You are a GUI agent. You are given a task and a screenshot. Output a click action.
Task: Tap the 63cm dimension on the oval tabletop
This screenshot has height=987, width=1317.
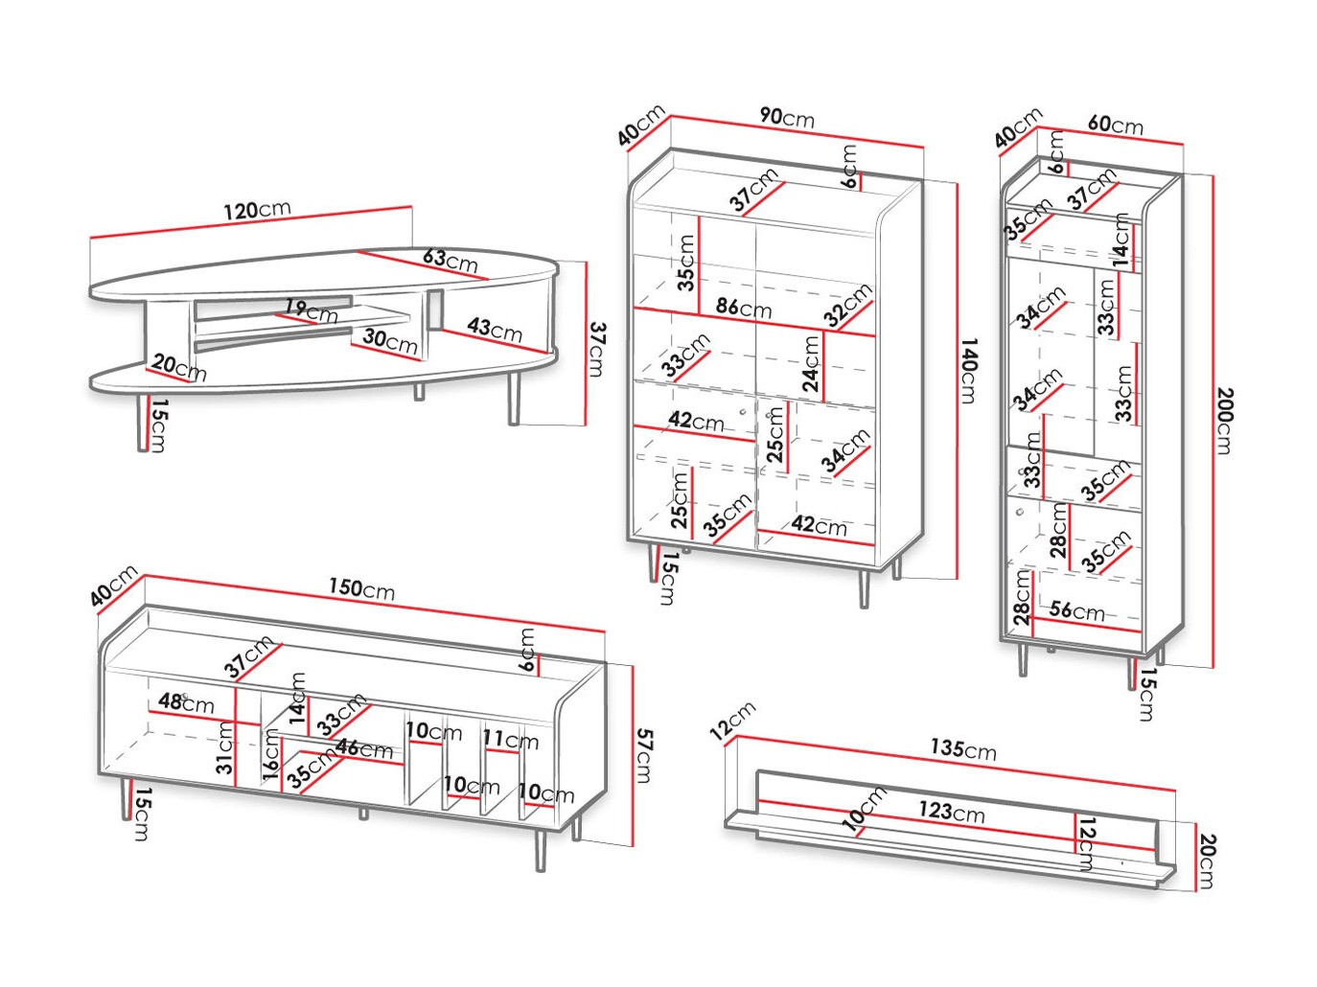[450, 260]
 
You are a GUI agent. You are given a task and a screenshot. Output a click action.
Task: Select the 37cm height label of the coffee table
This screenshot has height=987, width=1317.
[597, 349]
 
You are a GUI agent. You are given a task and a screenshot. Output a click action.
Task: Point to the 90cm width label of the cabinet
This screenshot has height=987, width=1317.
[787, 117]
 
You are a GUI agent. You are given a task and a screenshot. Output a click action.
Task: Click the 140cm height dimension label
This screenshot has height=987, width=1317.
[968, 370]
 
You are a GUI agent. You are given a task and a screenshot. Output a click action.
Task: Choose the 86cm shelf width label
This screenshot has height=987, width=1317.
[744, 309]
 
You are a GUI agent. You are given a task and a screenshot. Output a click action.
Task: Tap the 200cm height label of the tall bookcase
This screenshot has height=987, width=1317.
[1224, 420]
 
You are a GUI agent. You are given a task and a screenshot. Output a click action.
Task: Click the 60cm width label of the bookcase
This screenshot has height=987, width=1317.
[1116, 125]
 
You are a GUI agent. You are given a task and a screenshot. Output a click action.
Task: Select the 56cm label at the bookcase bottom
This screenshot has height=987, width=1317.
[1076, 609]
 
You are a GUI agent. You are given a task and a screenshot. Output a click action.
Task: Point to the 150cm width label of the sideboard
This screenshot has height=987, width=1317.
[361, 588]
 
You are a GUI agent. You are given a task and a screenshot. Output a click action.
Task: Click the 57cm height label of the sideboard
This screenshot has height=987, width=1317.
[644, 755]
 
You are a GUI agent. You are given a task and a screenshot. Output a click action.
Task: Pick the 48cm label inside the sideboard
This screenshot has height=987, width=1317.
[186, 702]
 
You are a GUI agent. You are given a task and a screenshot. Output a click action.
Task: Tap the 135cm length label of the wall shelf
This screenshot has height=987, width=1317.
[963, 748]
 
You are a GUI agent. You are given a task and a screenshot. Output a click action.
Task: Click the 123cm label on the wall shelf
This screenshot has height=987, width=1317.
[951, 811]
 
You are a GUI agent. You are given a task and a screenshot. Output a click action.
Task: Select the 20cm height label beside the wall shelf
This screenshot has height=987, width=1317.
[1207, 861]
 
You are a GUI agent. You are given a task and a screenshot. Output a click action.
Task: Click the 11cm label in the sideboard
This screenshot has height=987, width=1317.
[510, 740]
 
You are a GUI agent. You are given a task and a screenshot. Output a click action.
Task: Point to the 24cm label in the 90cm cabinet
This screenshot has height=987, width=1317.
[812, 364]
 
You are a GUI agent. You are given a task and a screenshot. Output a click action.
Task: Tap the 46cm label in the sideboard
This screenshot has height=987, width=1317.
[364, 748]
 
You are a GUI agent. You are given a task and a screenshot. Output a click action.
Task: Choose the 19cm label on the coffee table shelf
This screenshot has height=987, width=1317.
[312, 310]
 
